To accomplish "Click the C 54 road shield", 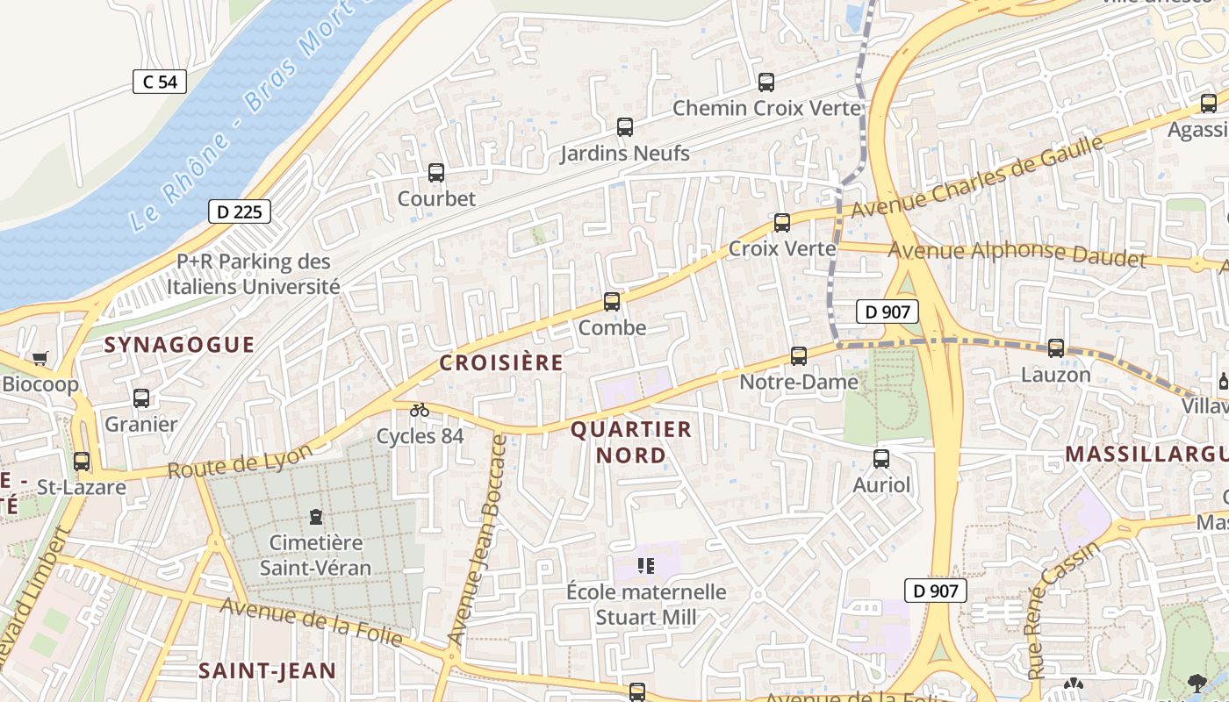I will coord(160,82).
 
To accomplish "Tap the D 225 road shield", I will coord(240,211).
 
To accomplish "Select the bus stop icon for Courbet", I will coord(436,173).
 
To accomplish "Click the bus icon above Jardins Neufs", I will coord(625,127).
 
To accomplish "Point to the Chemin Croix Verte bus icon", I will coord(766,82).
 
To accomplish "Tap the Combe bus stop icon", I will coord(612,302).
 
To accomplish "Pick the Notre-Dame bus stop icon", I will coord(799,356).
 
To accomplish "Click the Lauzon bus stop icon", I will coord(1056,348).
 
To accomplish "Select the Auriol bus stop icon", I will coord(881,459).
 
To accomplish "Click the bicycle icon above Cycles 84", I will coord(420,410).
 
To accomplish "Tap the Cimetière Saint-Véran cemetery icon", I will coord(316,517).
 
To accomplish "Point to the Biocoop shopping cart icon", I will coord(40,358).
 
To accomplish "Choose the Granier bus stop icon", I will coord(141,398).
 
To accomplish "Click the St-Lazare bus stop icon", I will coord(82,461).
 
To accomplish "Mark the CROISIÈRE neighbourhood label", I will coord(501,362).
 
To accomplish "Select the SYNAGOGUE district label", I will coord(179,345).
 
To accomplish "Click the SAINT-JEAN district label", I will coord(267,671).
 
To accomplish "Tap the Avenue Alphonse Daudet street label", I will coord(1017,253).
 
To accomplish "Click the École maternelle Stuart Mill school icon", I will coord(647,566).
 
